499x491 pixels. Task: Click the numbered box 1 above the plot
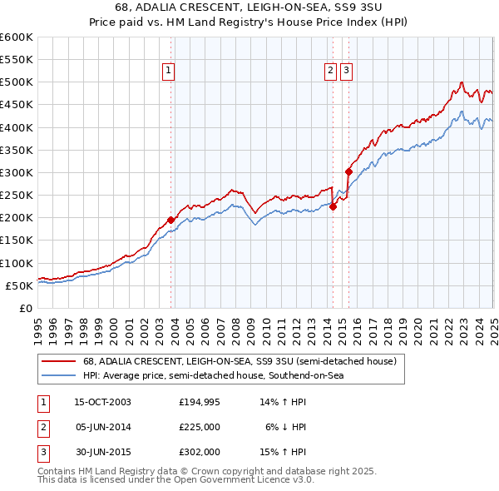pos(168,72)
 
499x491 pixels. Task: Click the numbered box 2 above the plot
pos(331,72)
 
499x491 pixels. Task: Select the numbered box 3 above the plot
pos(346,72)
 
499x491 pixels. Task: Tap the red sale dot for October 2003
pos(171,220)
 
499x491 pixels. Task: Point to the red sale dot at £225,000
pos(333,206)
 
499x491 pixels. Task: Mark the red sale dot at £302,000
pos(348,172)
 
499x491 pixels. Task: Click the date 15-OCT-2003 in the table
pos(103,401)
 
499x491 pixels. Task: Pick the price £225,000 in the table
pos(200,427)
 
